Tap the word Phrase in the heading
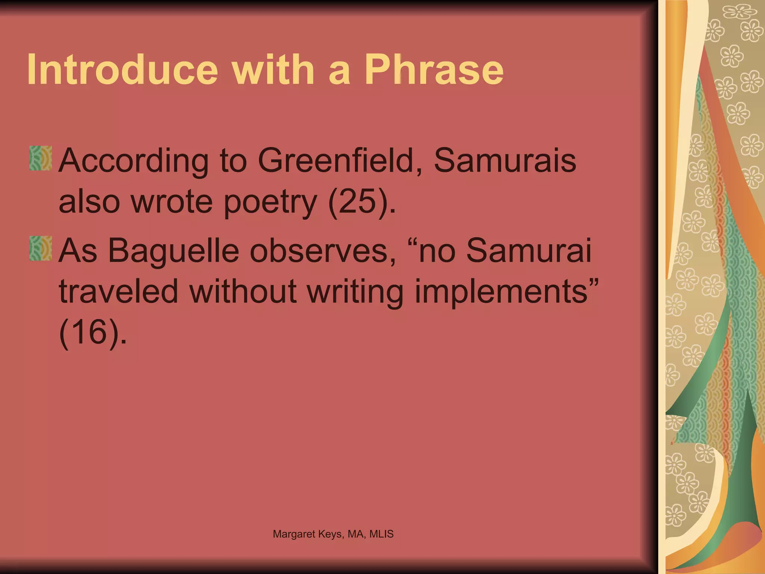434,70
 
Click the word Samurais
505,161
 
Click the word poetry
270,203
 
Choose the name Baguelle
174,250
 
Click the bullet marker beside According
40,158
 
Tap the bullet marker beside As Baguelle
40,248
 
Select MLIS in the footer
381,534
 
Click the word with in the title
274,70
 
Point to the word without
243,291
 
